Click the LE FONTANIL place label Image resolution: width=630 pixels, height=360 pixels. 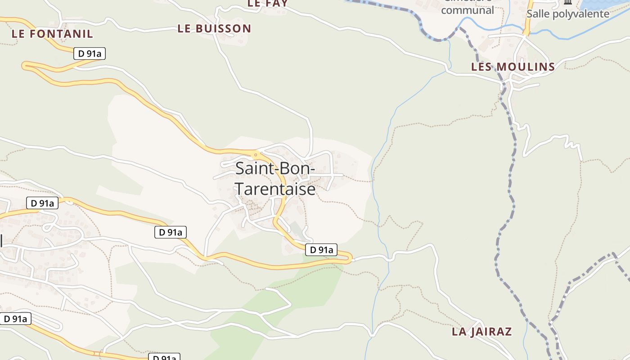tap(52, 33)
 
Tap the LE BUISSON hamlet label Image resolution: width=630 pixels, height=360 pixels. tap(214, 28)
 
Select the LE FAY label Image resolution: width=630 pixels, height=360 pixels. tap(268, 3)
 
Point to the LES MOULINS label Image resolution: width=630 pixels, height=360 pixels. tap(513, 67)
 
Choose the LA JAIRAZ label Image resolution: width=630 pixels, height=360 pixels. tap(482, 332)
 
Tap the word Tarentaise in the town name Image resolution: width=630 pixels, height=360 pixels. tap(275, 189)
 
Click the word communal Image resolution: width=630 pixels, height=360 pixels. tap(468, 10)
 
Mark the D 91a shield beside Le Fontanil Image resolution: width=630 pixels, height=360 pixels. tap(90, 54)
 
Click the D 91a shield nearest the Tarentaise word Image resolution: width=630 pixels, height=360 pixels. tap(321, 250)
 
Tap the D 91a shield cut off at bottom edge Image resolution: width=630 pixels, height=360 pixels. tap(164, 357)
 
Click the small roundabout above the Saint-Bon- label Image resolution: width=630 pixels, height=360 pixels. tap(256, 155)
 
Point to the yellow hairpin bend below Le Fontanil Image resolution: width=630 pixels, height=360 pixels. tap(25, 66)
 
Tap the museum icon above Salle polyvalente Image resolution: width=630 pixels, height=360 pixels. tap(568, 2)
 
